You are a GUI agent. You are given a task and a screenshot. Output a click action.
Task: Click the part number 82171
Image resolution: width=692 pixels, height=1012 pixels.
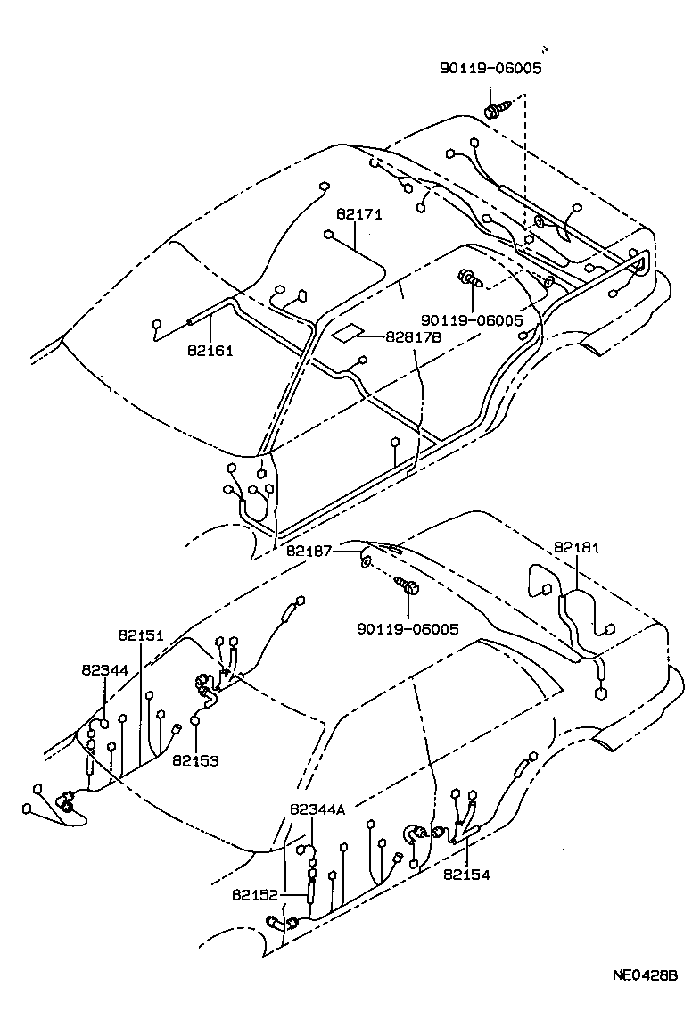pyautogui.click(x=358, y=215)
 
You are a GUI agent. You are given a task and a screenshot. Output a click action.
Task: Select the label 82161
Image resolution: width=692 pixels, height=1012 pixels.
pyautogui.click(x=210, y=351)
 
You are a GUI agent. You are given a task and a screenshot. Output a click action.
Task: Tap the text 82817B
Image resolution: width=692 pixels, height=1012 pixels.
pyautogui.click(x=413, y=337)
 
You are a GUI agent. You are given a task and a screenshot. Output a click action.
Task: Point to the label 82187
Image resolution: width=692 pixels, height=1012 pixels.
pyautogui.click(x=309, y=552)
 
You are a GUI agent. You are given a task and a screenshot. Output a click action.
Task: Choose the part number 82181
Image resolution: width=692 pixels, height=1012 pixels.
pyautogui.click(x=576, y=547)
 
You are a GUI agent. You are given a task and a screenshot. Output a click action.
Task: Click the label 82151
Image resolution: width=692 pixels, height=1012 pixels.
pyautogui.click(x=141, y=635)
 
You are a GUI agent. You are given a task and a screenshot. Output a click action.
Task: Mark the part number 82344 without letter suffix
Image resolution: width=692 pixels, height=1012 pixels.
pyautogui.click(x=104, y=669)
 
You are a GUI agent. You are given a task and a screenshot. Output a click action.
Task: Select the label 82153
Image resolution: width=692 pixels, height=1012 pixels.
pyautogui.click(x=196, y=761)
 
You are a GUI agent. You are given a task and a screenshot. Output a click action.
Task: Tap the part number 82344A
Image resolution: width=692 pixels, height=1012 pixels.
pyautogui.click(x=317, y=810)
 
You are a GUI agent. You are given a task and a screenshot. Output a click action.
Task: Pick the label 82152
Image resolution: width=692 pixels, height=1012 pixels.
pyautogui.click(x=255, y=894)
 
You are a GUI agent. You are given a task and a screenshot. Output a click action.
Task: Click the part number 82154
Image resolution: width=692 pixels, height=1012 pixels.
pyautogui.click(x=466, y=875)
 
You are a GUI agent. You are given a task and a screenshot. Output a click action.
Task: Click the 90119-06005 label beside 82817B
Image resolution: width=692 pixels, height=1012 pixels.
pyautogui.click(x=472, y=319)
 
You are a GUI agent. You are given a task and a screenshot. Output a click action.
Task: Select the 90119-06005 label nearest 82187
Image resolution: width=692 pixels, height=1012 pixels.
pyautogui.click(x=408, y=629)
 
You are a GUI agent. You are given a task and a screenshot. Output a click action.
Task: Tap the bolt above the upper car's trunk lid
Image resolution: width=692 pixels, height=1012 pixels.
pyautogui.click(x=494, y=112)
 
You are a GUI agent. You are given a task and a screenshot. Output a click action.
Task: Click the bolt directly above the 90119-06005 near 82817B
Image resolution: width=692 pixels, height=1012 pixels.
pyautogui.click(x=470, y=279)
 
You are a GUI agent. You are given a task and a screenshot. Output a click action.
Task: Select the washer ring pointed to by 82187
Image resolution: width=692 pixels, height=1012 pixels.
pyautogui.click(x=367, y=561)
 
